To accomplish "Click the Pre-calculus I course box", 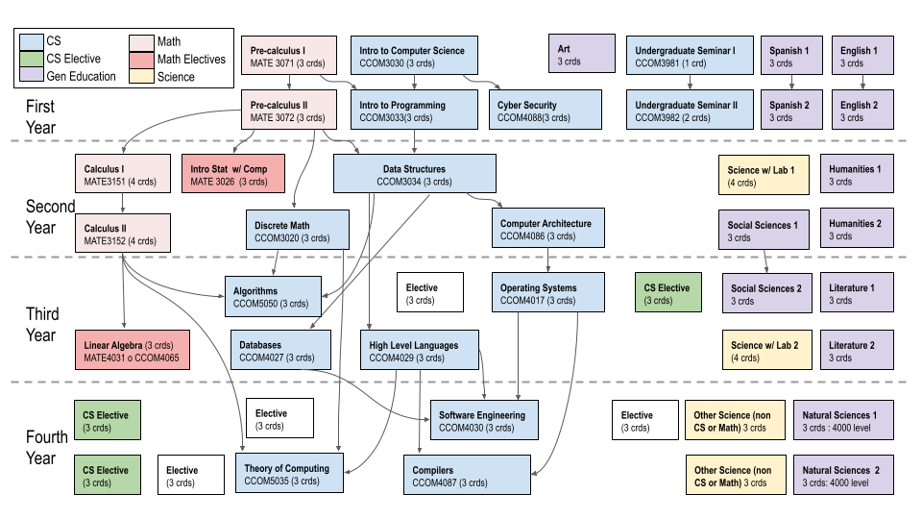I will (291, 55).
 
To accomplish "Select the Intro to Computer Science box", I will (413, 55).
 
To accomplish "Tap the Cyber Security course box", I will (545, 111).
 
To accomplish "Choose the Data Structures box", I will (414, 174).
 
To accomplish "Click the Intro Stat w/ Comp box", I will (229, 174).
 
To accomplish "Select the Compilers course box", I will (467, 475).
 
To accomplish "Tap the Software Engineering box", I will (483, 419).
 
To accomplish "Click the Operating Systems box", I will (552, 293).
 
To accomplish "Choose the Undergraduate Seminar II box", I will (688, 111).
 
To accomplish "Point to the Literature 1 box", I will (857, 293).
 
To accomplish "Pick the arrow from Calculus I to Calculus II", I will (123, 205).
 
